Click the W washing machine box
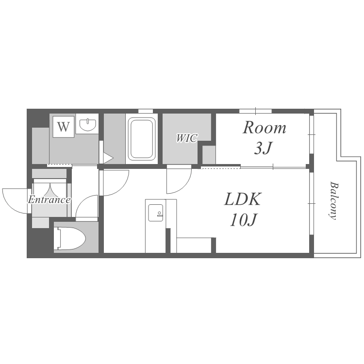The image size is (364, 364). [64, 127]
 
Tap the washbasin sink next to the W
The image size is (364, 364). [87, 125]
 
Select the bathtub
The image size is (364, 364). [142, 139]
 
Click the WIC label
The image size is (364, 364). [187, 138]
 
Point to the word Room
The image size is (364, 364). [264, 128]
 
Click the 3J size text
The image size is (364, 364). [263, 148]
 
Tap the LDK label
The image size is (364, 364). [242, 199]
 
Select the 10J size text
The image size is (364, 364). [243, 219]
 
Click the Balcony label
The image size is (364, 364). [333, 200]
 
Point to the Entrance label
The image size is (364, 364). [49, 199]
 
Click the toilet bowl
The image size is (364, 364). [69, 238]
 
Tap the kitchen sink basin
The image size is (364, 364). [155, 213]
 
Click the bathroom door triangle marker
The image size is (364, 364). [107, 158]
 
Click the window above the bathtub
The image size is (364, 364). [145, 111]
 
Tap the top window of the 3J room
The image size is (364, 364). [255, 111]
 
